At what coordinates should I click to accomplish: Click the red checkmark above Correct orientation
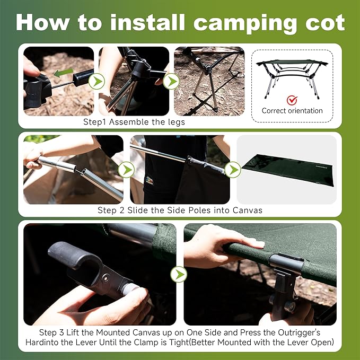pyautogui.click(x=291, y=100)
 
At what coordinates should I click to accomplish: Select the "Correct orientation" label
pyautogui.click(x=292, y=111)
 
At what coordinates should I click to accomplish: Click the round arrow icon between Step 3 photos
pyautogui.click(x=179, y=274)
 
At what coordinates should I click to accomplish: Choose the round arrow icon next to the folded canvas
pyautogui.click(x=232, y=170)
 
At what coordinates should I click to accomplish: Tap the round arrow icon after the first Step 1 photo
pyautogui.click(x=96, y=81)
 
